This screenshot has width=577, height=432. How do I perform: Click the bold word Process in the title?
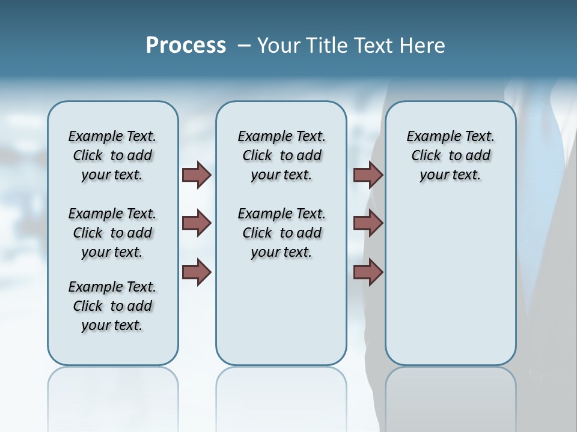(x=186, y=46)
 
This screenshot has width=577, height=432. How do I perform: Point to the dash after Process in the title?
(x=243, y=46)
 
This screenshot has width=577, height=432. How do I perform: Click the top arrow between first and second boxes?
(x=197, y=175)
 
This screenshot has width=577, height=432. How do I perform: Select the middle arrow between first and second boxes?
(x=197, y=223)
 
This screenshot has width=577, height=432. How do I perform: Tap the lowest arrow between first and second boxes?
(x=197, y=272)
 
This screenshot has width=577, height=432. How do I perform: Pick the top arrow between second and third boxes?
(x=368, y=175)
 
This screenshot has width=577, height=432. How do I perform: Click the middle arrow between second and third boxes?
(x=368, y=223)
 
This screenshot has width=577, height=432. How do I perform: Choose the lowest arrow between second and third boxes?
(x=368, y=272)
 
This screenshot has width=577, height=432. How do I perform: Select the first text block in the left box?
(x=112, y=155)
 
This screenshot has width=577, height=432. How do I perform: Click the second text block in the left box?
(x=112, y=233)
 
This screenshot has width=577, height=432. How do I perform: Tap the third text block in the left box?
(x=112, y=306)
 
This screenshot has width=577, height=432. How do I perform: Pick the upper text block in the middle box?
(x=281, y=155)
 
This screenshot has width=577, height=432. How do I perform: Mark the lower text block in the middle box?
(x=281, y=233)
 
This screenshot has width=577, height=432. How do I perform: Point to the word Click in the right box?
(x=426, y=156)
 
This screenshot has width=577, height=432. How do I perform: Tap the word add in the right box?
(x=477, y=156)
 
